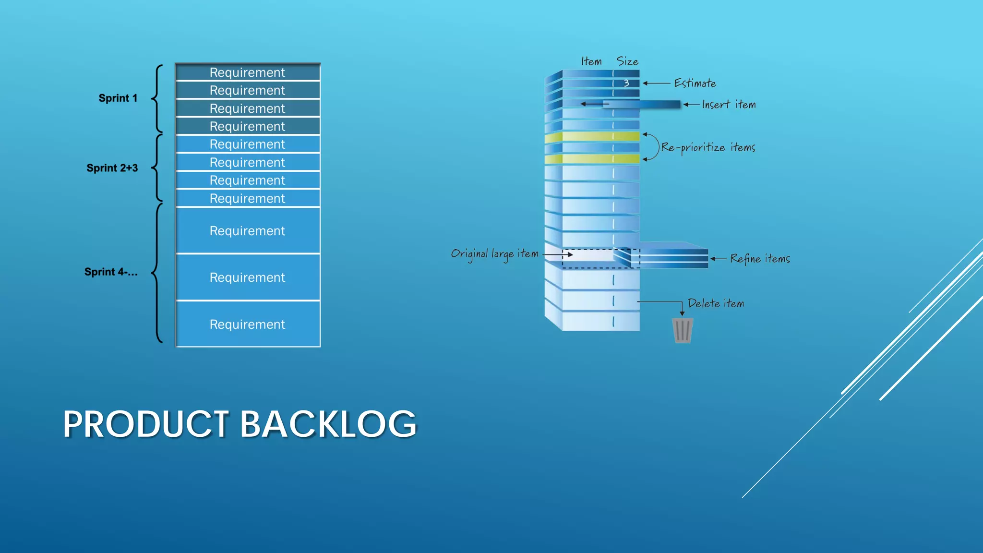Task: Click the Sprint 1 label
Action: click(x=118, y=98)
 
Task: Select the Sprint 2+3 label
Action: click(x=112, y=168)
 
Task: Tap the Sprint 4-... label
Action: click(x=110, y=272)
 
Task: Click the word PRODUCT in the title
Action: click(x=146, y=424)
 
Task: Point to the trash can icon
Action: click(x=682, y=330)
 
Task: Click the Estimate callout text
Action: click(x=695, y=84)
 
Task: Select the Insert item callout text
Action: click(x=728, y=105)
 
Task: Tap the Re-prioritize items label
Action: click(x=708, y=147)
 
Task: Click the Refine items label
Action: click(x=759, y=259)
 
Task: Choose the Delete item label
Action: click(x=716, y=303)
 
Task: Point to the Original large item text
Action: click(x=494, y=254)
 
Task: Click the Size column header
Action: click(x=627, y=61)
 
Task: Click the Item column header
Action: click(x=591, y=61)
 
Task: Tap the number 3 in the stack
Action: click(x=626, y=83)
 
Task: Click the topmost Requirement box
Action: click(x=247, y=72)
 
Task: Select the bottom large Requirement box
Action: click(x=247, y=324)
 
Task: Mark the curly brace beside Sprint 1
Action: click(x=157, y=98)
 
